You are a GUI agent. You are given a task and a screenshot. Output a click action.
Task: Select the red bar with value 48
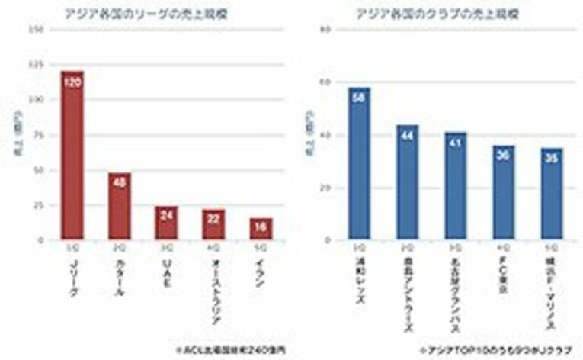pos(120,206)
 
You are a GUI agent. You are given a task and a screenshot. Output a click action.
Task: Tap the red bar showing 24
pos(167,223)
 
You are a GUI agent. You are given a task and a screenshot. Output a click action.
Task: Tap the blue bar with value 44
pos(408,182)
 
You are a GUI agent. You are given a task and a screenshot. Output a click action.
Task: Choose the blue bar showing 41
pos(456,186)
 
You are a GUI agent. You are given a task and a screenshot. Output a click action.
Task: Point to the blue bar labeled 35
pos(552,194)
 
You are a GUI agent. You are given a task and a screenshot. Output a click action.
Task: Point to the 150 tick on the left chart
pos(41,30)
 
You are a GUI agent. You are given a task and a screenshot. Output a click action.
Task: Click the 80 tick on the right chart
pos(326,30)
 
